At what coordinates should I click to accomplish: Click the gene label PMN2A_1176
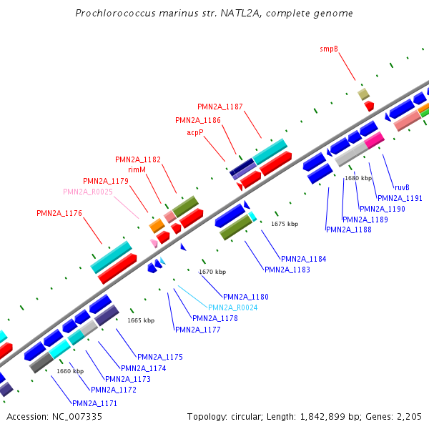click(x=59, y=213)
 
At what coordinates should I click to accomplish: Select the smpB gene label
click(x=329, y=49)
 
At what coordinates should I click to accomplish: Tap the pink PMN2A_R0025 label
click(x=88, y=192)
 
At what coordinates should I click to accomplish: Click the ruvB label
click(x=402, y=187)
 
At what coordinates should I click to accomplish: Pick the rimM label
click(x=137, y=169)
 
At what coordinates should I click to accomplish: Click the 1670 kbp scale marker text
click(x=212, y=272)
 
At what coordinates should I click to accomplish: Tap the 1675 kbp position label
click(x=285, y=224)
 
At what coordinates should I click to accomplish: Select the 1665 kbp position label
click(x=141, y=320)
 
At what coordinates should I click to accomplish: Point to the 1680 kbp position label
click(x=358, y=178)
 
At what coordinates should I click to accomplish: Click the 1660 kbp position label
click(x=70, y=371)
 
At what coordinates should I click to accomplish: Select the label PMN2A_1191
click(x=400, y=198)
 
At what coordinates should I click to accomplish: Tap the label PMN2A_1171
click(x=94, y=403)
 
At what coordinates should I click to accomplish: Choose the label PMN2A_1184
click(x=303, y=259)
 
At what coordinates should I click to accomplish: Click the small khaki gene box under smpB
click(x=364, y=94)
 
